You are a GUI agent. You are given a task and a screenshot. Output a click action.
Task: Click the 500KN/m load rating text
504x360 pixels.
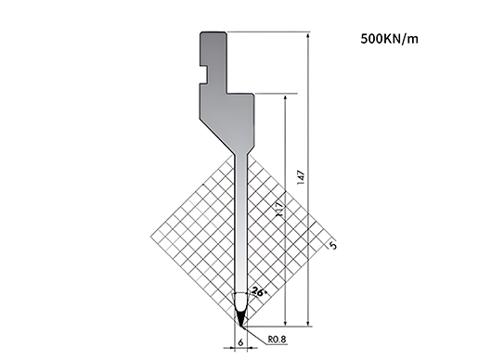389,39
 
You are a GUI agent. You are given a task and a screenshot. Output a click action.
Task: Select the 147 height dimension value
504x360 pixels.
301,177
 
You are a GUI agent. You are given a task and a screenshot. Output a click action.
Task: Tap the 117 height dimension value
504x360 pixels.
280,209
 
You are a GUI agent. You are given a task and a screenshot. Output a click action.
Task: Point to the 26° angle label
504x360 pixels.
259,291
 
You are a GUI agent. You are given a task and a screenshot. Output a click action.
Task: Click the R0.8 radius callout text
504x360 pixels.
278,339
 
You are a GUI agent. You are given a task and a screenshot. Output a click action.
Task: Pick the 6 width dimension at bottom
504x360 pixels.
240,342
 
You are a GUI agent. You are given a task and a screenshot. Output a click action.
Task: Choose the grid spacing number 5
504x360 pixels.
333,246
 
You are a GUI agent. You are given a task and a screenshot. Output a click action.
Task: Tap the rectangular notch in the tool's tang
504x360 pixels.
203,74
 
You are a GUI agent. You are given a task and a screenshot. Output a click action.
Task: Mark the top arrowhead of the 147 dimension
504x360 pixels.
308,35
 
